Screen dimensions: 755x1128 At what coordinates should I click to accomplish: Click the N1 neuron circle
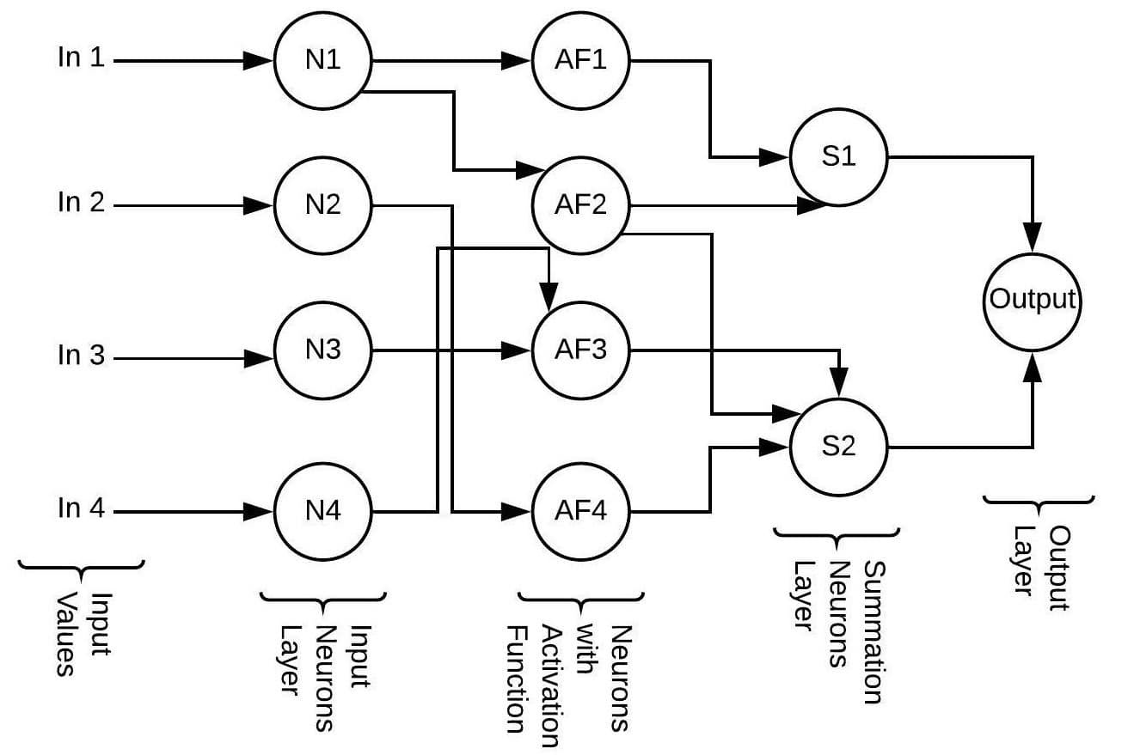point(322,60)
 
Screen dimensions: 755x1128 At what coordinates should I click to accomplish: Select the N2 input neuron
point(322,206)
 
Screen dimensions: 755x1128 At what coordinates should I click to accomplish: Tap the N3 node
point(322,351)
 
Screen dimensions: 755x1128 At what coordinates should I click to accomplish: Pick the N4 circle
point(322,512)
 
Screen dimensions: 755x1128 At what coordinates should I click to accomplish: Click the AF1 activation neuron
point(580,60)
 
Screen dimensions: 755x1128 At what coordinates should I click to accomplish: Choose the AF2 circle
point(580,206)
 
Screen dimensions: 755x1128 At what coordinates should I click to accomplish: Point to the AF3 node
point(580,351)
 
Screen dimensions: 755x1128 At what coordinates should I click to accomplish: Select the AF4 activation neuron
point(580,512)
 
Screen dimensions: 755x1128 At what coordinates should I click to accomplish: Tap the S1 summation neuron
point(838,158)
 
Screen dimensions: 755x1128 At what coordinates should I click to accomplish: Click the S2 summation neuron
point(838,448)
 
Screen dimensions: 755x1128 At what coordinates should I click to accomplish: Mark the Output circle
point(1033,299)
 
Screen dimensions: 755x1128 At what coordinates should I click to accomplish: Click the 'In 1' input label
point(81,60)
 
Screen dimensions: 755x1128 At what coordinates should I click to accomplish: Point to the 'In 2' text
point(81,203)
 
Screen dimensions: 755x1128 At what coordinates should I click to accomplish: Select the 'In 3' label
point(81,355)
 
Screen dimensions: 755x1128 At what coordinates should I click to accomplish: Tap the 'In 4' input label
point(81,508)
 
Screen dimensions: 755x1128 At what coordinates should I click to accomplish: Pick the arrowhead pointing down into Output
point(1033,234)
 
